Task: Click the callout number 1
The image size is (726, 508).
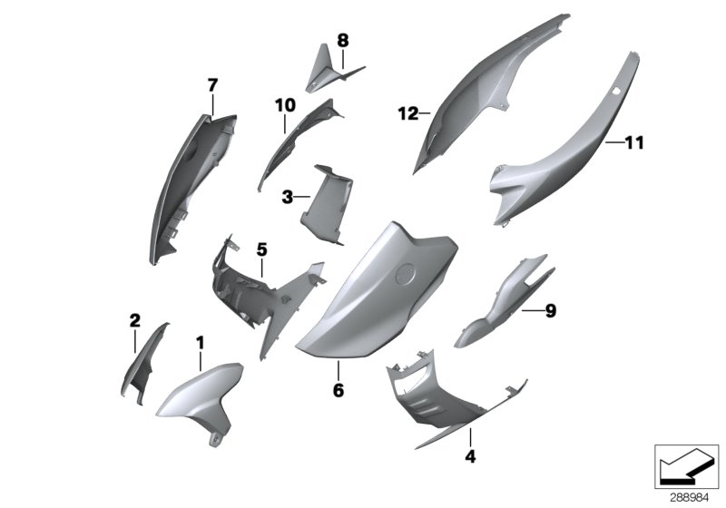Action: [x=201, y=342]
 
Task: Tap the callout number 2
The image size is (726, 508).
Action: [x=134, y=320]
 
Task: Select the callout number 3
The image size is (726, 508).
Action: [x=287, y=196]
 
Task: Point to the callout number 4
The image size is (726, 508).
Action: [x=470, y=456]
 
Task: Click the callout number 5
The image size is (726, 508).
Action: [x=260, y=249]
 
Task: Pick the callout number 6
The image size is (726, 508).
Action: [x=338, y=391]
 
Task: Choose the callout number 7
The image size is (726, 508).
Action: [x=212, y=85]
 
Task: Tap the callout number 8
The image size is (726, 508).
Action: [x=342, y=40]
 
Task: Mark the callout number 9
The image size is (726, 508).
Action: [x=550, y=311]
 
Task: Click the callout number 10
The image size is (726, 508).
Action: [x=285, y=105]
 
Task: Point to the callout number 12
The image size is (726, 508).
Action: [x=407, y=113]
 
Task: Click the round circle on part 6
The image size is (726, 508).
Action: [x=407, y=272]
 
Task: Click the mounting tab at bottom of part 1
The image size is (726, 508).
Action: [x=216, y=439]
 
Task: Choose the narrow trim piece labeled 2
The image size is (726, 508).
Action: [x=143, y=363]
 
